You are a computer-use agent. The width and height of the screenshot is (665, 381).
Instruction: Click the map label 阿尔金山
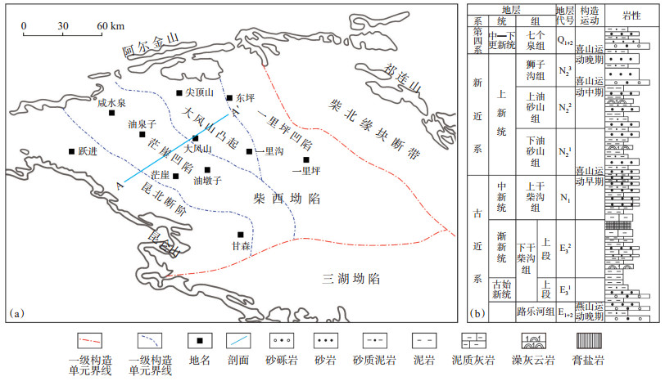pos(149,43)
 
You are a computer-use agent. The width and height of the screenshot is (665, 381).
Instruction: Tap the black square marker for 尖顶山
pos(179,93)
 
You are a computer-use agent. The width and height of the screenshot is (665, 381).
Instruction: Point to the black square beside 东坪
pos(230,96)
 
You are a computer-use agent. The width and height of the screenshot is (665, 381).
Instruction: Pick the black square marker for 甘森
pos(241,235)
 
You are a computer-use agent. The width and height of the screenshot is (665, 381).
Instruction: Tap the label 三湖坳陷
pos(353,279)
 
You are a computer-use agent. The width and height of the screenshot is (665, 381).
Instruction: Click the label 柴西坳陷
pos(285,199)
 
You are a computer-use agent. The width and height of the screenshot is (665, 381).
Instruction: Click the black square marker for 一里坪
pos(306,160)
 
